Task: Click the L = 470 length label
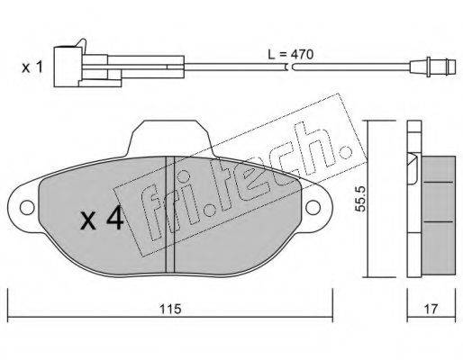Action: click(290, 54)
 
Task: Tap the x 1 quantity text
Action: click(32, 67)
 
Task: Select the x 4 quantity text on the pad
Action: click(102, 219)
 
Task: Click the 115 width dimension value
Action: click(170, 309)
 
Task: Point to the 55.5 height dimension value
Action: click(359, 199)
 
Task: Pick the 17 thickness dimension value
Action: click(431, 309)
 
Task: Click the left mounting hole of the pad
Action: click(27, 208)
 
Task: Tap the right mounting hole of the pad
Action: click(313, 208)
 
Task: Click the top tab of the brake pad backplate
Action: click(170, 138)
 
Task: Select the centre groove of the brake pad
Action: click(170, 214)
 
